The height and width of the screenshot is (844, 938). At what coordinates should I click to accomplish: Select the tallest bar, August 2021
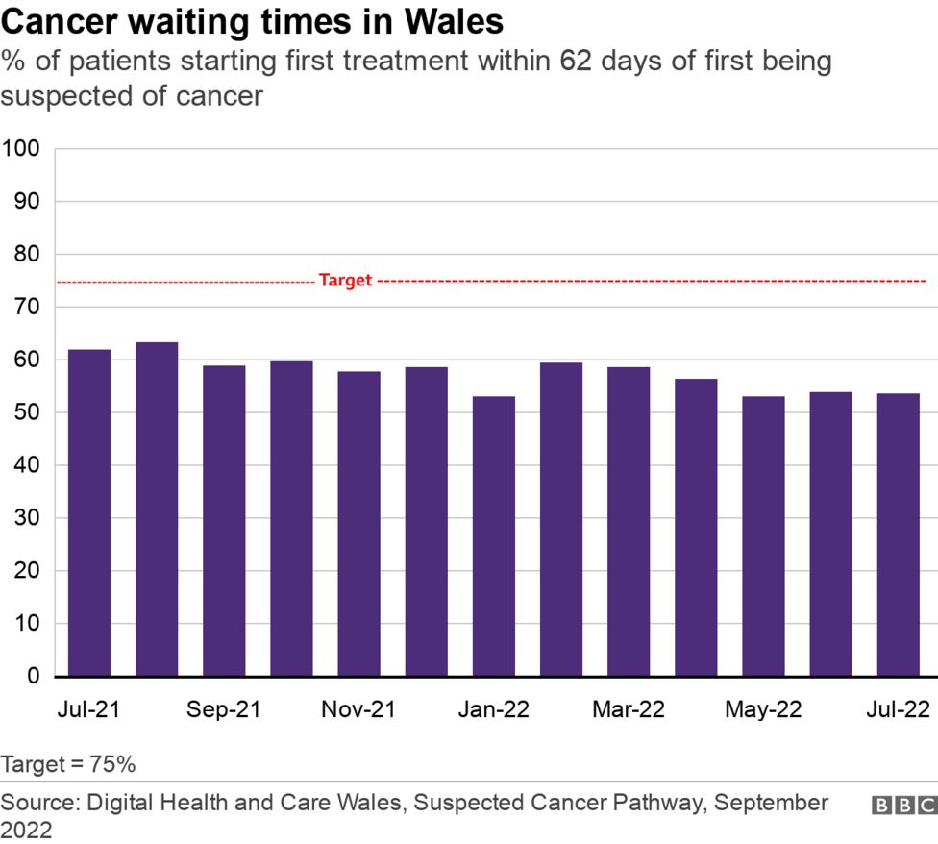pyautogui.click(x=157, y=509)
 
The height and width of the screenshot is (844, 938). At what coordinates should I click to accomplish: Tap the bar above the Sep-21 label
pyautogui.click(x=224, y=520)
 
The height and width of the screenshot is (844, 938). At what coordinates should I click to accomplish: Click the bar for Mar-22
pyautogui.click(x=629, y=521)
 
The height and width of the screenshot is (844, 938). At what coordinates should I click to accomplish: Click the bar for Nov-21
pyautogui.click(x=358, y=523)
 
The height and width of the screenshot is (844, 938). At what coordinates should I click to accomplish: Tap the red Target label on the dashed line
pyautogui.click(x=344, y=281)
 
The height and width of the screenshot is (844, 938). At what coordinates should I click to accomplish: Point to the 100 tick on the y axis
pyautogui.click(x=20, y=149)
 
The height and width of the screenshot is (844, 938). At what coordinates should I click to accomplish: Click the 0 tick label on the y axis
pyautogui.click(x=33, y=677)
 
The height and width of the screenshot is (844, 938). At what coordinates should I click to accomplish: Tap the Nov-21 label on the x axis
pyautogui.click(x=358, y=709)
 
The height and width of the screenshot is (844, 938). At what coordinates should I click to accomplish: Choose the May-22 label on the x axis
pyautogui.click(x=762, y=709)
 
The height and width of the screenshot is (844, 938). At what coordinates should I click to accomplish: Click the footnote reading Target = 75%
pyautogui.click(x=68, y=765)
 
